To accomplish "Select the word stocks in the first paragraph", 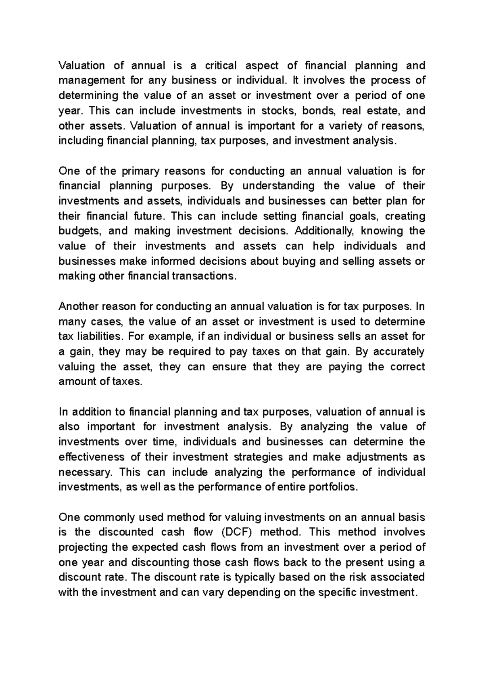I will [278, 111].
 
